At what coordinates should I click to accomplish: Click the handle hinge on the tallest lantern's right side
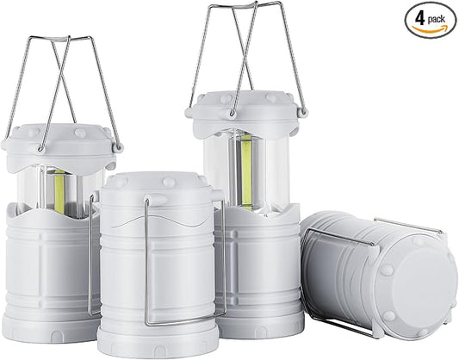tap(301, 112)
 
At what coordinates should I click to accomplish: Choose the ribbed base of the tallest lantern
tap(263, 276)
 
